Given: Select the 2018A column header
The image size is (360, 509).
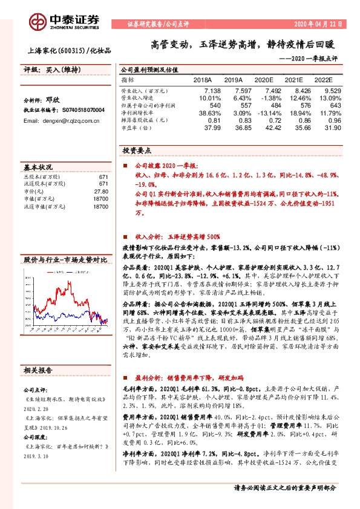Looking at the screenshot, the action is (202, 80).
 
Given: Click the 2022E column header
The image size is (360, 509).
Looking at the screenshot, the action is (323, 80).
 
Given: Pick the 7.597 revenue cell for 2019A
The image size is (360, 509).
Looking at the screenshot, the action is (233, 89).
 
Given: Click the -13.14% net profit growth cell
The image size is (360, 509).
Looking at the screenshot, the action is (263, 112).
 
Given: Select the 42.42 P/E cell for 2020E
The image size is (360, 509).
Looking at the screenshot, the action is (264, 128).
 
